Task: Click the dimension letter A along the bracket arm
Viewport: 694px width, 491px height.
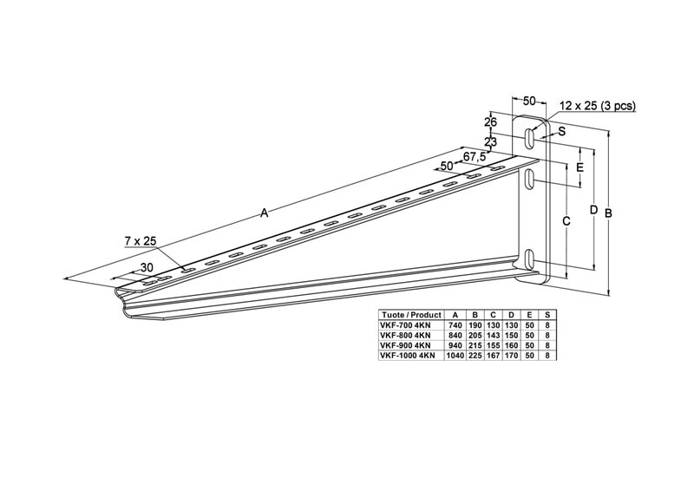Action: [265, 213]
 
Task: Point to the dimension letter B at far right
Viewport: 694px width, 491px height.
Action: [609, 213]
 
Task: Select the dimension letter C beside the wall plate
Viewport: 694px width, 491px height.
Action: [566, 221]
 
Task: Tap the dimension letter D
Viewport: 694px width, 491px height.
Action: [594, 209]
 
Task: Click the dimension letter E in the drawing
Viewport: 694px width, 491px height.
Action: [580, 167]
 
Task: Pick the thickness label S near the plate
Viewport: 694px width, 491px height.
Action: [561, 131]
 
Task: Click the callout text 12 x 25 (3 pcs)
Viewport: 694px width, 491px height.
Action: [598, 105]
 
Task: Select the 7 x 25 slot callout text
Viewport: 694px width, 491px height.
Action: [141, 241]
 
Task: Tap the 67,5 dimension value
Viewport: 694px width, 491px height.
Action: [475, 156]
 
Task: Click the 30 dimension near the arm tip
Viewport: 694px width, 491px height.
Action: [147, 267]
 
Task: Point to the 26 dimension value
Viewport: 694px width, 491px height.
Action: [490, 121]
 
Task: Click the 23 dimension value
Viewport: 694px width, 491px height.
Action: [490, 142]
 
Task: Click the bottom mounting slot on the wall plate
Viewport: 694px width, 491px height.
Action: [529, 259]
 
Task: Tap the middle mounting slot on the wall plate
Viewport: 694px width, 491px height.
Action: [529, 180]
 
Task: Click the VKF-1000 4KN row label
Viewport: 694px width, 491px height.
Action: [408, 355]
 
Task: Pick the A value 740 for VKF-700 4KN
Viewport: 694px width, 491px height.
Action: [455, 325]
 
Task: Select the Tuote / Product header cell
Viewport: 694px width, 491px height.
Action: [411, 315]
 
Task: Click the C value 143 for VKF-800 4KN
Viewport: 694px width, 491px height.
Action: [494, 335]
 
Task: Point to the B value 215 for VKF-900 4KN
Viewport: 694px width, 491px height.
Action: [475, 345]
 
